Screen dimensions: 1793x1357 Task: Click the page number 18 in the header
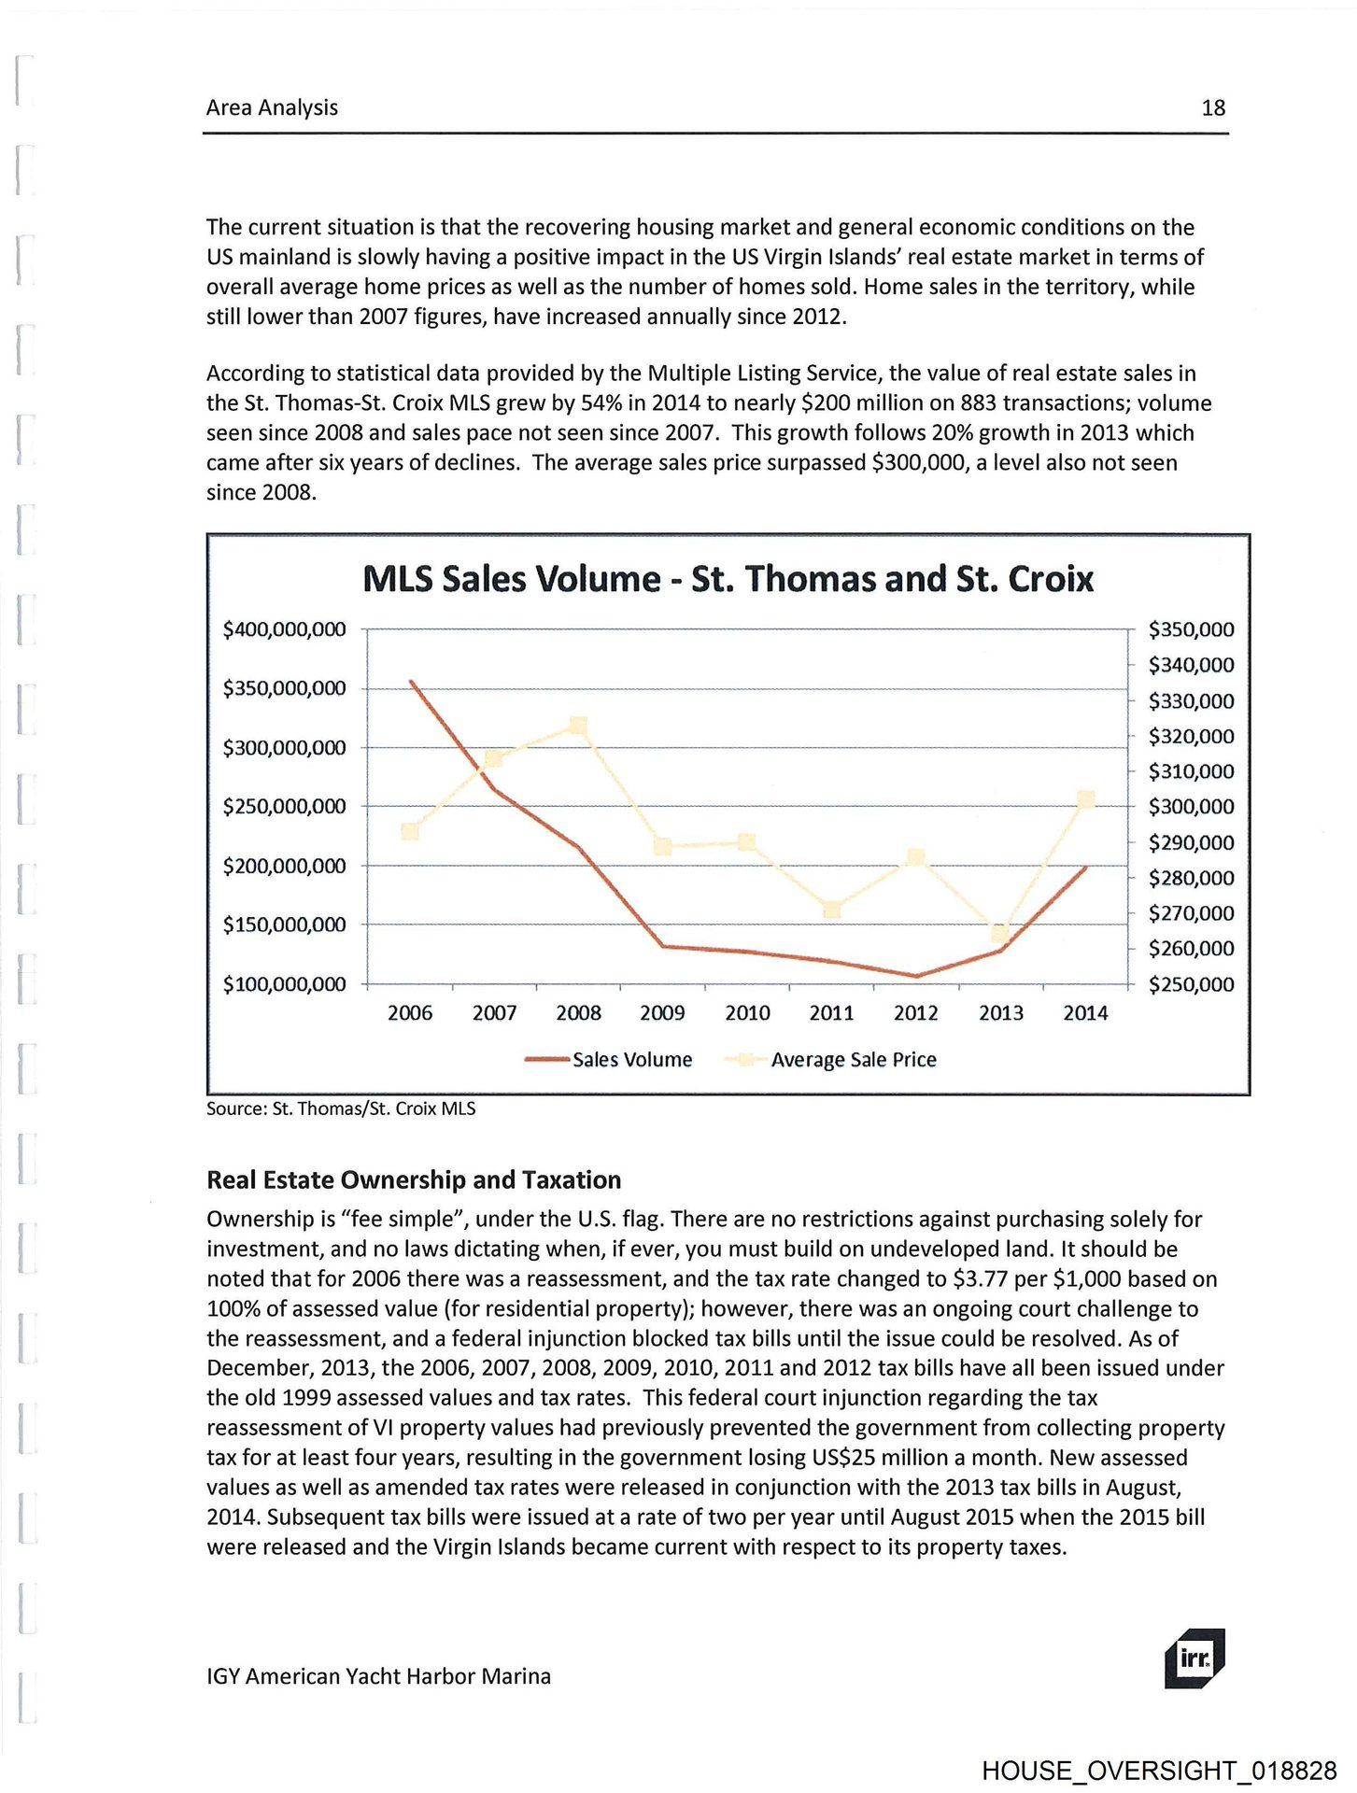click(1212, 108)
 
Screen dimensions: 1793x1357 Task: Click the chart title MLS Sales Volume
click(727, 579)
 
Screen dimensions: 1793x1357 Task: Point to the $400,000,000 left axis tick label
click(284, 629)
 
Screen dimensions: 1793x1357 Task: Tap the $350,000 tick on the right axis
click(1191, 629)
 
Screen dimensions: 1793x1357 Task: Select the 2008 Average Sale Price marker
click(578, 726)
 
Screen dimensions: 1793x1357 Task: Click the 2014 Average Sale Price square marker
click(1085, 799)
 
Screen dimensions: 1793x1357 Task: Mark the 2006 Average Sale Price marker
click(409, 831)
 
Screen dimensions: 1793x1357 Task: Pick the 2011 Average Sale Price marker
click(832, 909)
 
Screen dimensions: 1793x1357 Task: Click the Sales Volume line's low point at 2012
click(916, 976)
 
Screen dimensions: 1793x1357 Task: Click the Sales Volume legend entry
click(609, 1060)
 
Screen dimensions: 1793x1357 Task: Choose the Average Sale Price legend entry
click(831, 1060)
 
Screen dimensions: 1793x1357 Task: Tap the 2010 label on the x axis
click(747, 1013)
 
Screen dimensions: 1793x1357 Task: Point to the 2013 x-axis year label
click(1000, 1013)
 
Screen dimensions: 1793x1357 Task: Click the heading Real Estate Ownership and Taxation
click(414, 1180)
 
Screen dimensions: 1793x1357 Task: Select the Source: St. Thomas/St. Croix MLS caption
click(341, 1108)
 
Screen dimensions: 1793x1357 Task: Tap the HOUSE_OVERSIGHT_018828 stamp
click(1158, 1772)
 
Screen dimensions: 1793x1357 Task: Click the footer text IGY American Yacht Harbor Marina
click(378, 1676)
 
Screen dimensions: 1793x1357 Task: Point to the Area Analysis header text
click(272, 108)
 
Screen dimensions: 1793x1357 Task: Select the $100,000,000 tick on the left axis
click(284, 984)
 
